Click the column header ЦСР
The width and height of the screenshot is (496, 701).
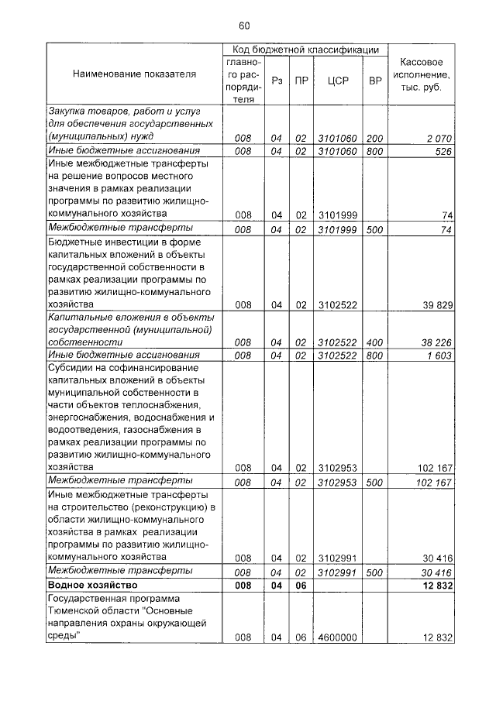pos(336,80)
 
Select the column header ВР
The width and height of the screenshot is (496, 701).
pos(375,80)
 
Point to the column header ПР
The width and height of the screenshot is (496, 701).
pos(301,80)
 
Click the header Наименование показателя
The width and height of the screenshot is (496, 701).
pos(134,74)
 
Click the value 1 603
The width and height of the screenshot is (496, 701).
pos(439,355)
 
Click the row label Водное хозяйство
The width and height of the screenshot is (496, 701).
pos(92,585)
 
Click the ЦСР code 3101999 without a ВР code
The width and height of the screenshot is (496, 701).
pos(336,215)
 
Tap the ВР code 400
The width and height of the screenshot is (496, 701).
pos(375,342)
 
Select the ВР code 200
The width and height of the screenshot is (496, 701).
pos(375,138)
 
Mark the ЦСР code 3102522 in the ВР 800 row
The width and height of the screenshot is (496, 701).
pos(336,355)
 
